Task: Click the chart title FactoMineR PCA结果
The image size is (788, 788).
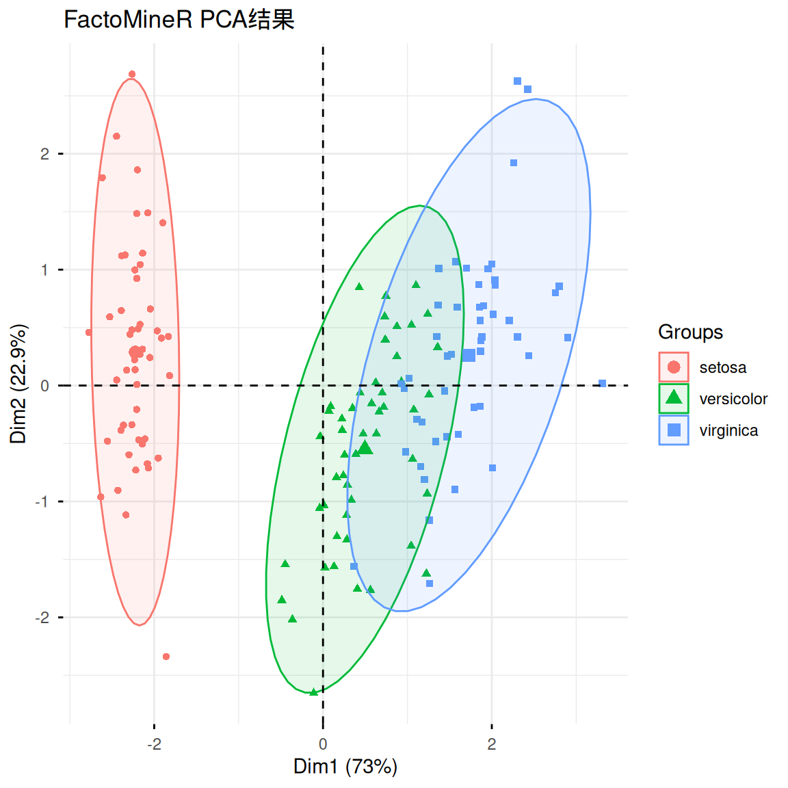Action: coord(179,20)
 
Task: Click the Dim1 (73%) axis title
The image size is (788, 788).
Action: coord(345,767)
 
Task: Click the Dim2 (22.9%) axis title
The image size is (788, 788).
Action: coord(18,384)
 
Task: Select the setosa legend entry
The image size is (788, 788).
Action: coord(722,368)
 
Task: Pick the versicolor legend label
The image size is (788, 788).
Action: coord(733,399)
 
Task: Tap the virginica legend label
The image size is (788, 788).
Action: coord(728,431)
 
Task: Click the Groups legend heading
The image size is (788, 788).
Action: coord(690,332)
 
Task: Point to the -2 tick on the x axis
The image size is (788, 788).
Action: coord(154,744)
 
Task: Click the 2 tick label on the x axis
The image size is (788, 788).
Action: coord(492,744)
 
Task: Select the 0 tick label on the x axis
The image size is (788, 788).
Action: coord(323,744)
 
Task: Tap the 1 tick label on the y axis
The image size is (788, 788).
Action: coord(45,270)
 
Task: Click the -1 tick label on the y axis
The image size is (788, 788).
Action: coord(43,502)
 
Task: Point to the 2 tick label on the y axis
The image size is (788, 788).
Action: coord(45,154)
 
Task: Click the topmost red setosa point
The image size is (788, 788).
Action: coord(132,75)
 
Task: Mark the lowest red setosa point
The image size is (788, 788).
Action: coord(166,657)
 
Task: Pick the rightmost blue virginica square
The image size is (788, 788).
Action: coord(603,384)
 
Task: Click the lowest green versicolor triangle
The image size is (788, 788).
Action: coord(313,692)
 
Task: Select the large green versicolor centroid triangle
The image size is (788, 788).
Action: coord(365,448)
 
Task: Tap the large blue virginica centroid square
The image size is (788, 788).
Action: coord(469,356)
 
